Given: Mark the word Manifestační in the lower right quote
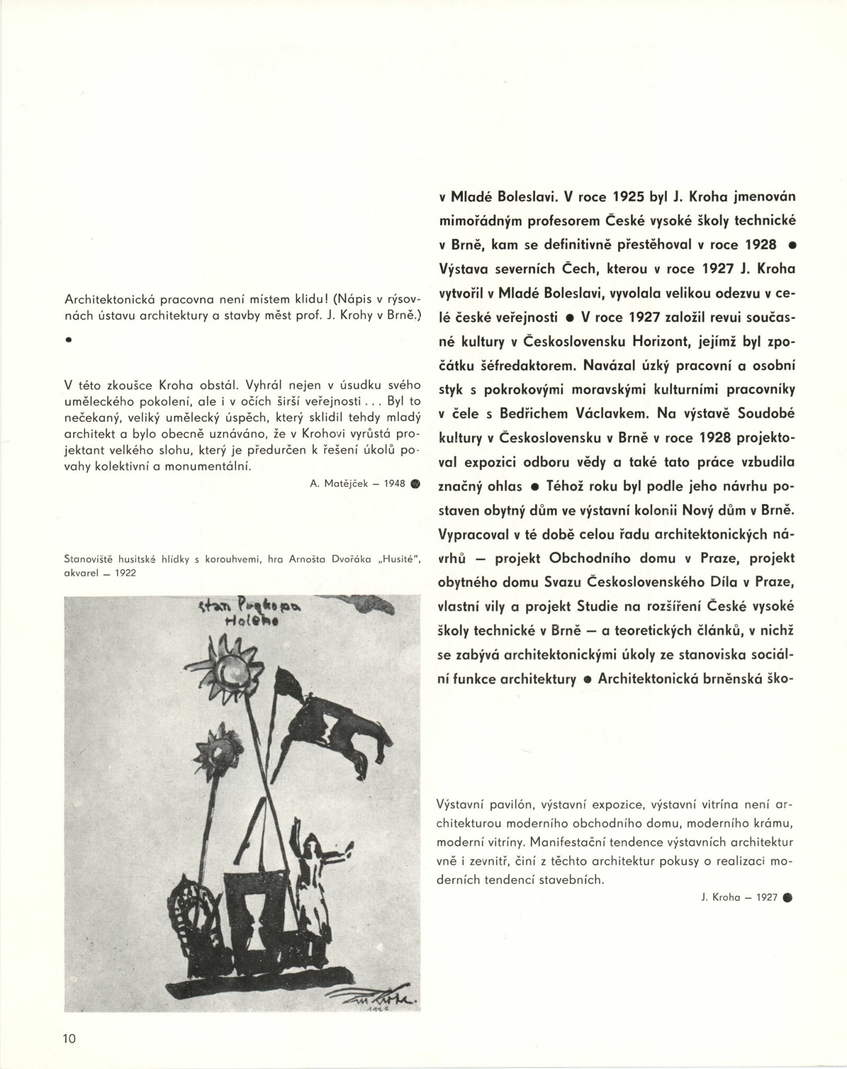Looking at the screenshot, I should [572, 856].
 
